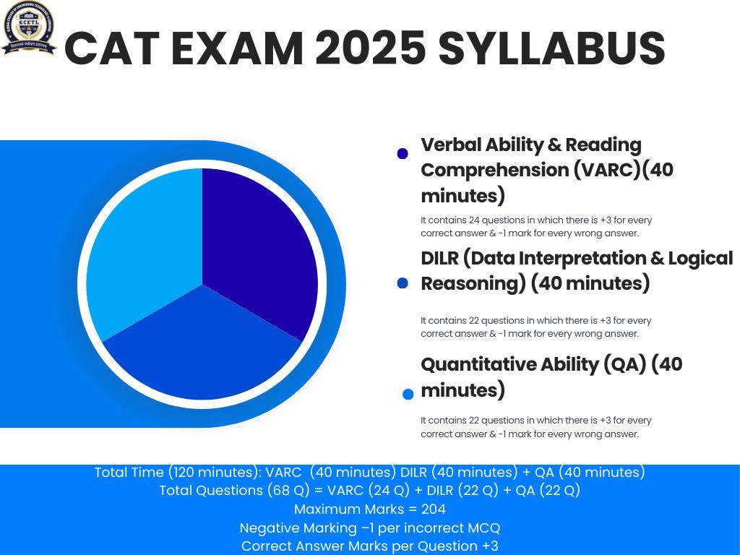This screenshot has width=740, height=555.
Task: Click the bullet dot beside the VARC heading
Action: click(x=403, y=154)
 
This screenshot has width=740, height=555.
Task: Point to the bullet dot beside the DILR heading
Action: click(x=403, y=283)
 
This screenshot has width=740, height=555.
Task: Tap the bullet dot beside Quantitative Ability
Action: click(x=408, y=394)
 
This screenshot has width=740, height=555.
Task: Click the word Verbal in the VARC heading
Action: click(x=452, y=145)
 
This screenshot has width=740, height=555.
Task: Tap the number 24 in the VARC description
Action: click(x=476, y=220)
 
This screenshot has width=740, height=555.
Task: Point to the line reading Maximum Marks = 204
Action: click(x=369, y=509)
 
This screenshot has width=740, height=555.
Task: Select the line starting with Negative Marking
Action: click(x=369, y=528)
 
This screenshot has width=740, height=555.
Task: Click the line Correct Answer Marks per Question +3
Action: click(x=369, y=546)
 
